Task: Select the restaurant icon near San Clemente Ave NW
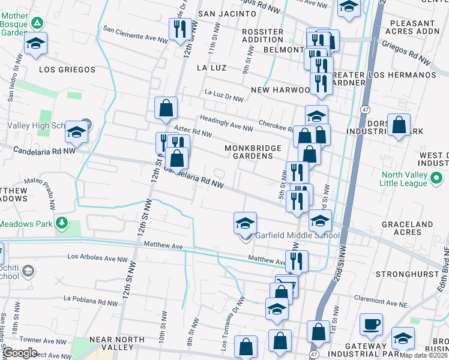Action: pyautogui.click(x=179, y=28)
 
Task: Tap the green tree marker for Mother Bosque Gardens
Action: pyautogui.click(x=37, y=23)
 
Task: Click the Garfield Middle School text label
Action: pyautogui.click(x=298, y=236)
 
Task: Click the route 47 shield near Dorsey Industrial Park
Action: pyautogui.click(x=365, y=110)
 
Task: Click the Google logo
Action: pyautogui.click(x=19, y=353)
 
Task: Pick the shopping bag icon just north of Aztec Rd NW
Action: pyautogui.click(x=166, y=109)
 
